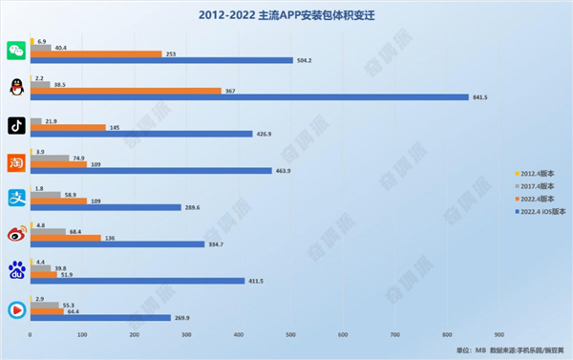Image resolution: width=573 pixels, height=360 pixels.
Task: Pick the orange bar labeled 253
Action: point(95,53)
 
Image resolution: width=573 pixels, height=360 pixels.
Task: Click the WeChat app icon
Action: point(15,50)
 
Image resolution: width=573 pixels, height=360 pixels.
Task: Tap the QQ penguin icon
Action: point(15,87)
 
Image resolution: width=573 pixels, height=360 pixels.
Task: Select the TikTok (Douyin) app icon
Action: point(15,124)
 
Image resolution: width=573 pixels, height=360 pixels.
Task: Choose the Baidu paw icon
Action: point(15,271)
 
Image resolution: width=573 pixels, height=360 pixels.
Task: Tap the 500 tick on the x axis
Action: point(290,335)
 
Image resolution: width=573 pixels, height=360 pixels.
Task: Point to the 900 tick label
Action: point(499,335)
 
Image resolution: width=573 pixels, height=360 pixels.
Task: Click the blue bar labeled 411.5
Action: point(137,281)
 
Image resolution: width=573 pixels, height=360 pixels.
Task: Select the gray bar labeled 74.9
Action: point(50,157)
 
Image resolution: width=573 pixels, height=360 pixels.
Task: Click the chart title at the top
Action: point(286,15)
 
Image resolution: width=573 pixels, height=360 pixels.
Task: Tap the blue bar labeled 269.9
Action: point(100,317)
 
